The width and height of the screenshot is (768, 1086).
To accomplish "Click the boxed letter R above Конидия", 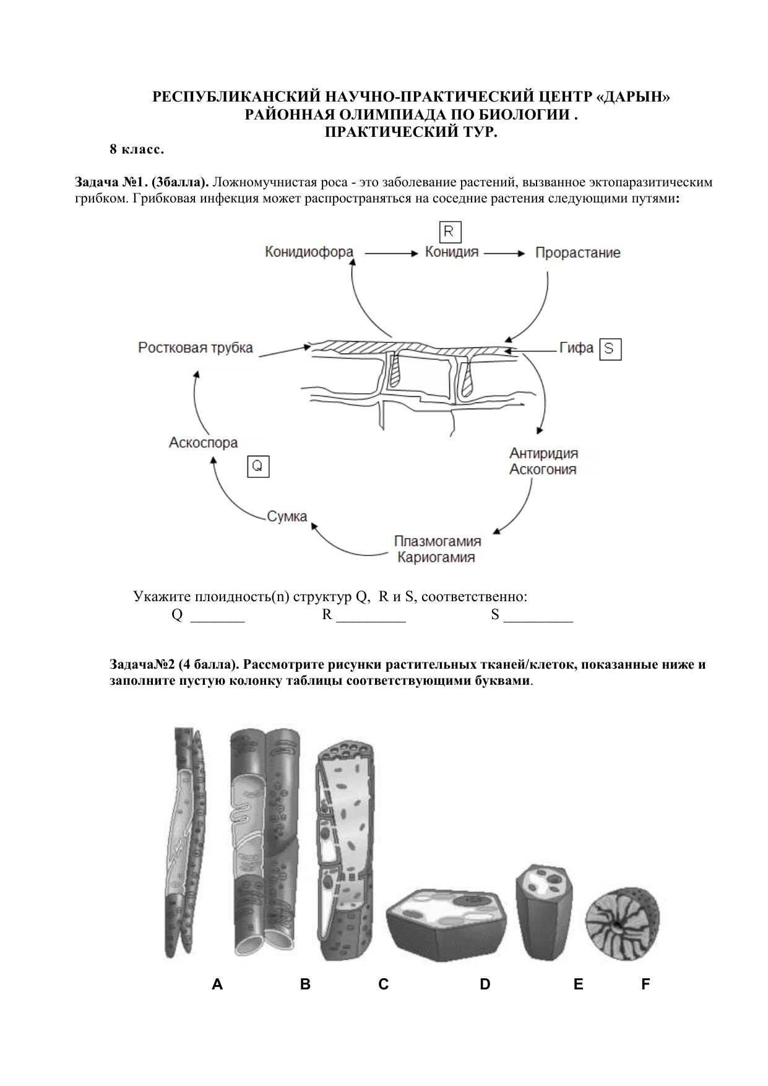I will click(450, 232).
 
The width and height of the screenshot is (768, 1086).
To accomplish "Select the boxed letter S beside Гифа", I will click(610, 349).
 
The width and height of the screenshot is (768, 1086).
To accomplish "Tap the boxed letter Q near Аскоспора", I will click(258, 466).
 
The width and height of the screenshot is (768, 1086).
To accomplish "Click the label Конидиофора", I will click(309, 253).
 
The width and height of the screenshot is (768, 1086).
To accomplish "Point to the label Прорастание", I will click(577, 253).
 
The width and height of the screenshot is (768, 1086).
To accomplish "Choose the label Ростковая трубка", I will click(196, 347).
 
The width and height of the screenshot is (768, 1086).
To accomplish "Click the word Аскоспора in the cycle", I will click(203, 443).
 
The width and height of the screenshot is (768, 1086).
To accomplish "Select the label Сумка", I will click(287, 516).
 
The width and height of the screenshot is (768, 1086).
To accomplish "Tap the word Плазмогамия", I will click(437, 541).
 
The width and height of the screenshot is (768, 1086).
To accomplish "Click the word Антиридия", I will click(543, 453).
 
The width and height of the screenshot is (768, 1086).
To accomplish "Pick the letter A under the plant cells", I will click(217, 984).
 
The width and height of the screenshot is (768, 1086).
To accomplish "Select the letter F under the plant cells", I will click(645, 984).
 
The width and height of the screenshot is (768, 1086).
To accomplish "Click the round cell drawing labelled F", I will click(623, 924).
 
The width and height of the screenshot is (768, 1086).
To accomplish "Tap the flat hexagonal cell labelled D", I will click(447, 921).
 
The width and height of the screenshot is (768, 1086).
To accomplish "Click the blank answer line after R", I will click(371, 617).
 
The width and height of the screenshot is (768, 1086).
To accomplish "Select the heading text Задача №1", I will click(110, 183).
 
